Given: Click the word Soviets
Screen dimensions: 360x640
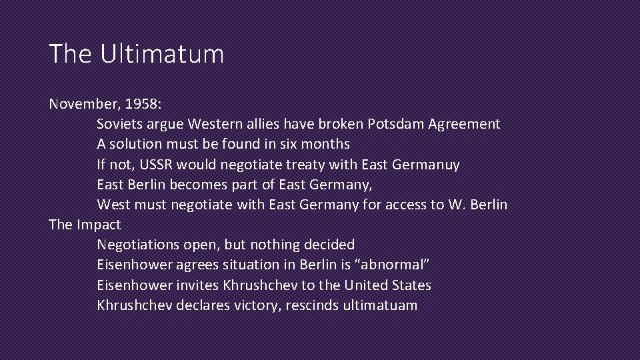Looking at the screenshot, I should point(119,124).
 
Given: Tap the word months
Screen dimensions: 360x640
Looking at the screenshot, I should point(325,144).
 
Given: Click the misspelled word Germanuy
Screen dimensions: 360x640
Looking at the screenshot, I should point(427,164).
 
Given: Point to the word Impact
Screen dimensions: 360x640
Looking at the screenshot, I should point(99,225).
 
